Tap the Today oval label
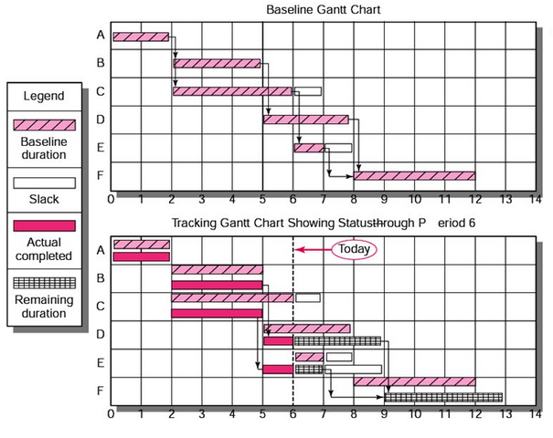352,247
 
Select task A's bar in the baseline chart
141,36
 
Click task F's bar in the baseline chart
415,175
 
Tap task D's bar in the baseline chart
305,119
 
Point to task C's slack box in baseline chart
307,91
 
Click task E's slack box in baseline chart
338,148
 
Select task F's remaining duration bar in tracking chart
443,397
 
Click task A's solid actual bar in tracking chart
141,256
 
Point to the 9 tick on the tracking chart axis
384,413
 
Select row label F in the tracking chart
100,392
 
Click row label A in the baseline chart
100,36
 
